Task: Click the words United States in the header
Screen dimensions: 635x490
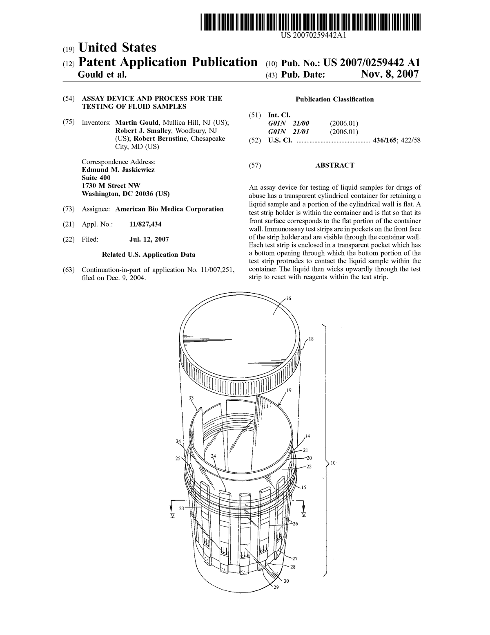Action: point(117,48)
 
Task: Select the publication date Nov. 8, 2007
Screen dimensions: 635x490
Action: point(390,74)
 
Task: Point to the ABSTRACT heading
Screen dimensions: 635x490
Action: point(334,165)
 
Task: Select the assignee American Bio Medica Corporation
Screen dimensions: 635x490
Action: point(169,209)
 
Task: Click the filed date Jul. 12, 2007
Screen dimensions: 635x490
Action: point(149,240)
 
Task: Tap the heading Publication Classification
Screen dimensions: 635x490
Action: point(334,99)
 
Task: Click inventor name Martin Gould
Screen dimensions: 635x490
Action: point(136,123)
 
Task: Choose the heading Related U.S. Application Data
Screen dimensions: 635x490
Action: point(148,255)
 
